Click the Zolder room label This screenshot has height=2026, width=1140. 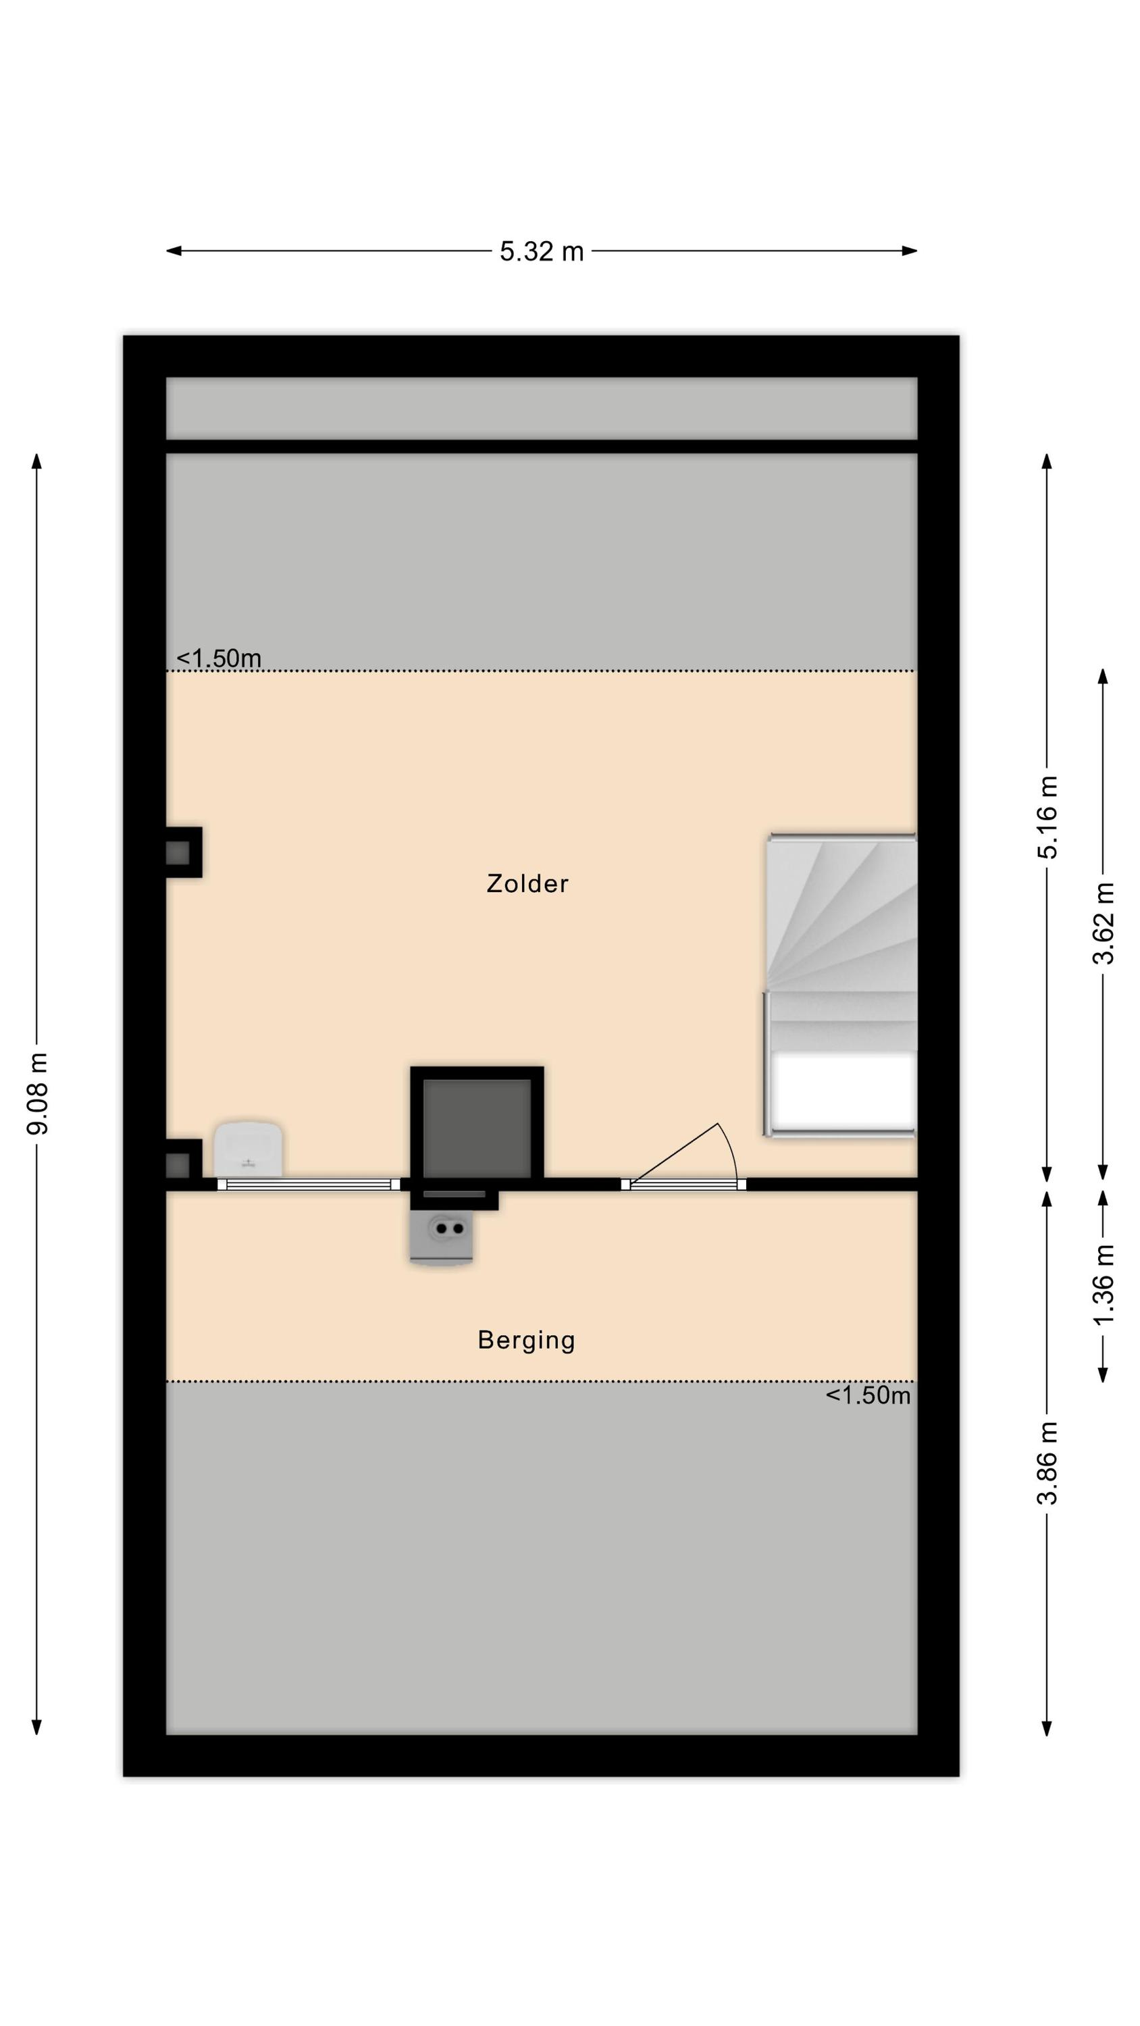[527, 883]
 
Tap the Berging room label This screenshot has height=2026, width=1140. [526, 1340]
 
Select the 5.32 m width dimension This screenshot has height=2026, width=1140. [541, 251]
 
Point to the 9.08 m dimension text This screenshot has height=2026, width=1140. [37, 1093]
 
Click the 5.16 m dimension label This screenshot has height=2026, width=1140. [1047, 817]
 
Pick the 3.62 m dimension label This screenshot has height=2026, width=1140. [1103, 923]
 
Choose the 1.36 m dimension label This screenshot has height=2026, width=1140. [1103, 1284]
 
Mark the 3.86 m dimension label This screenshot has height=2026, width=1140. [1047, 1463]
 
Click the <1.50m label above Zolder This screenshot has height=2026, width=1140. [219, 658]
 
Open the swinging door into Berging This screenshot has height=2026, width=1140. [683, 1157]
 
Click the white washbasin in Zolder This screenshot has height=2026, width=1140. [248, 1149]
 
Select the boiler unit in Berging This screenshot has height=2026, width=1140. [442, 1237]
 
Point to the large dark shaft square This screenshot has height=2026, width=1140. [477, 1127]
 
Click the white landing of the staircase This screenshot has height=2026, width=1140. [844, 1090]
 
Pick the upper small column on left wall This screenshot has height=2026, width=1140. [183, 852]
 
